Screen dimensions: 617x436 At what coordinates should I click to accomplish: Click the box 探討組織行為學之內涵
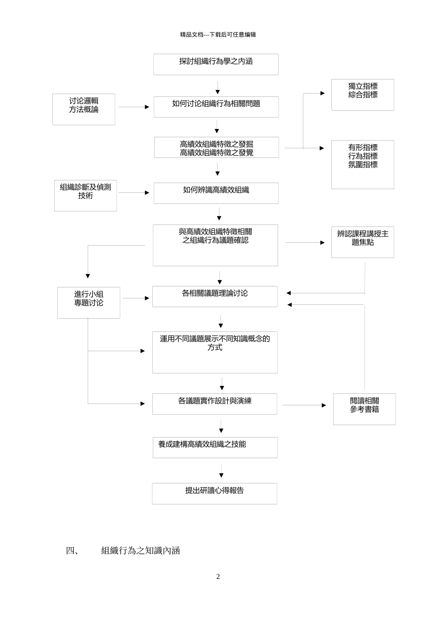216,64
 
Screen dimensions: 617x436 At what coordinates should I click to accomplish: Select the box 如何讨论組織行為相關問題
216,107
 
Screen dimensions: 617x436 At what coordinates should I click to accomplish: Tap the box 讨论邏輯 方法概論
84,109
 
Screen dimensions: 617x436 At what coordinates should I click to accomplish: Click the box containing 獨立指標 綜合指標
363,95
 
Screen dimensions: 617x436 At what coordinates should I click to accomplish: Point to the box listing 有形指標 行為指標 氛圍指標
363,164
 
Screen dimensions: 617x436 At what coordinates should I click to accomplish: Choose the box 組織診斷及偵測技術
85,196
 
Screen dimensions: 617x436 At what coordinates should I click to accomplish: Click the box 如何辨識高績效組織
216,193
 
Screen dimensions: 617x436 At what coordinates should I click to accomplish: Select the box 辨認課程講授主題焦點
363,242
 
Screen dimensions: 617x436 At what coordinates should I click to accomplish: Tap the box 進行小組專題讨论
89,303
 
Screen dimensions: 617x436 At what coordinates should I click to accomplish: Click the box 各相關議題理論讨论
215,296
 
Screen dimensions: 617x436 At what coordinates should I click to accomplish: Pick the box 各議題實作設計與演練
215,404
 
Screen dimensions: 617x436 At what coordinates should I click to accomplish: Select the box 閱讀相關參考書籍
364,409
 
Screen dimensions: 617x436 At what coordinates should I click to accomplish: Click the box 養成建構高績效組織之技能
215,447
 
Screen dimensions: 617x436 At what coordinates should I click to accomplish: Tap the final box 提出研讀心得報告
214,493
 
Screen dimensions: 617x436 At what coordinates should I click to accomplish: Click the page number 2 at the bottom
218,577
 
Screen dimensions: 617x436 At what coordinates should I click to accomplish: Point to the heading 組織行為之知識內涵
140,550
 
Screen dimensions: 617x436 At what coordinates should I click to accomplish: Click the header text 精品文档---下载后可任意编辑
218,34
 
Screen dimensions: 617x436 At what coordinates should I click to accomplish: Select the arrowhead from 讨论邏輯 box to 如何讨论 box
147,107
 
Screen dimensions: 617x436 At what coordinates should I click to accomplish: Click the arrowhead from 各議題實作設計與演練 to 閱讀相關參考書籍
324,405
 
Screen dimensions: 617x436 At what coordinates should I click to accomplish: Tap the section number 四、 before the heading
73,550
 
